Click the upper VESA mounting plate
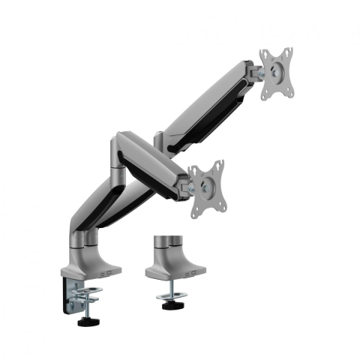pos(276,74)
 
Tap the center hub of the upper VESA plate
pos(277,73)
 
